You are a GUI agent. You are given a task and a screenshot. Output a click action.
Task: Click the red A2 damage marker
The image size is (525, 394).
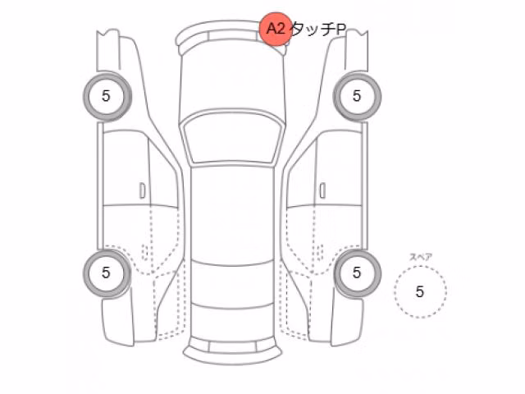pos(276,29)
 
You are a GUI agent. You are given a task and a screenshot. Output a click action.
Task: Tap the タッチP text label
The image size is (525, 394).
pos(318,30)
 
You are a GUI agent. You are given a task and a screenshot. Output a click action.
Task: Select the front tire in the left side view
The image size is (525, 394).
pos(107,97)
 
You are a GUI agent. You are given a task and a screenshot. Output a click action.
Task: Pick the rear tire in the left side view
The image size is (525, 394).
pos(107,273)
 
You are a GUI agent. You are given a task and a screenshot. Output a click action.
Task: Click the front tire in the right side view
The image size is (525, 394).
pos(357,97)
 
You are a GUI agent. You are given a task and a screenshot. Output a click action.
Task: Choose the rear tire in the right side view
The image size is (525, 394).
pos(357,273)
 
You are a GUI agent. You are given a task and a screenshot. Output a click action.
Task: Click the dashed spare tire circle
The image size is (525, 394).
pos(420,267)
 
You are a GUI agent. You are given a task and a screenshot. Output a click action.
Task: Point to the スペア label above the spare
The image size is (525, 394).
pos(421,257)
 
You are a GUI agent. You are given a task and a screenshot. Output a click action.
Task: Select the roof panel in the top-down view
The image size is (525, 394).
pos(232,214)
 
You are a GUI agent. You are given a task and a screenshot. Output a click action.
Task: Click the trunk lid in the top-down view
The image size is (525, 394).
pos(232,323)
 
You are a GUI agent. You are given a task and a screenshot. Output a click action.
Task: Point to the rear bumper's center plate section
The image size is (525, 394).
pos(232,347)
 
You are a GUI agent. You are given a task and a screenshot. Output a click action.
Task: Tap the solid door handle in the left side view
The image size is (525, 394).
pos(142,190)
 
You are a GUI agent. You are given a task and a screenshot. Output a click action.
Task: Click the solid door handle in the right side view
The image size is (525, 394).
pos(322,190)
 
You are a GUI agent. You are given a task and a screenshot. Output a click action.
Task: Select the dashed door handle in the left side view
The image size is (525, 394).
pos(145,252)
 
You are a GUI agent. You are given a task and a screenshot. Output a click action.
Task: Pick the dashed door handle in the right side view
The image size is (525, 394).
pos(319,252)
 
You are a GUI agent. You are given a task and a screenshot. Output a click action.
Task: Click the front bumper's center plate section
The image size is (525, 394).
pos(232,35)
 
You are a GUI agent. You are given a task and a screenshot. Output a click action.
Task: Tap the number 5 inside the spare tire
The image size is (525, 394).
pos(420,292)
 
